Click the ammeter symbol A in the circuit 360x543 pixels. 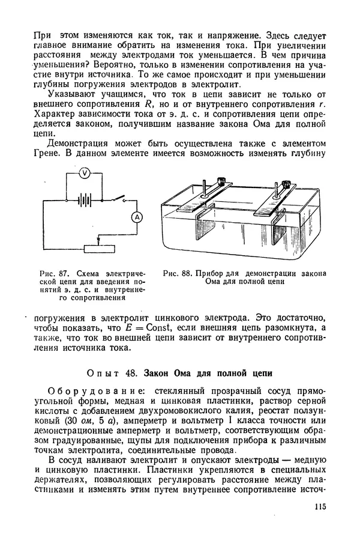point(136,217)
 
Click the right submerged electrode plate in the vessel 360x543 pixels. point(277,231)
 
